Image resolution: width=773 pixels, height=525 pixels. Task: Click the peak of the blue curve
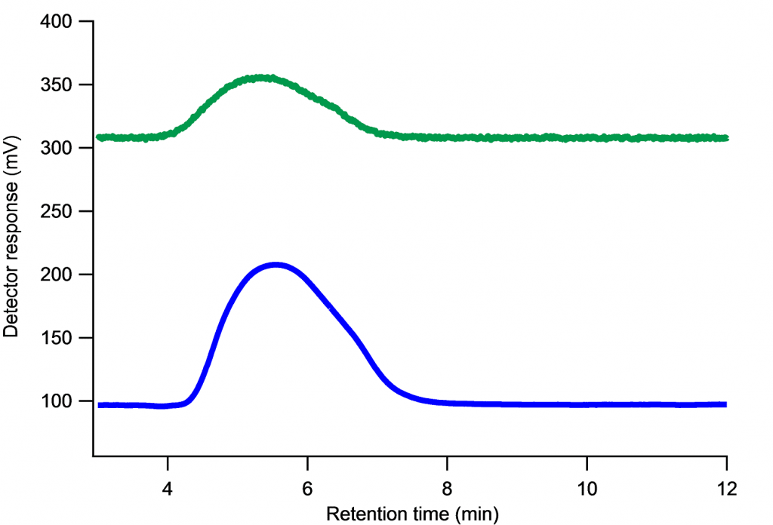276,265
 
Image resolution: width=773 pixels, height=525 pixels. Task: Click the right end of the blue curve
725,404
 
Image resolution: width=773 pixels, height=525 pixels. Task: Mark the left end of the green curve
98,137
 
